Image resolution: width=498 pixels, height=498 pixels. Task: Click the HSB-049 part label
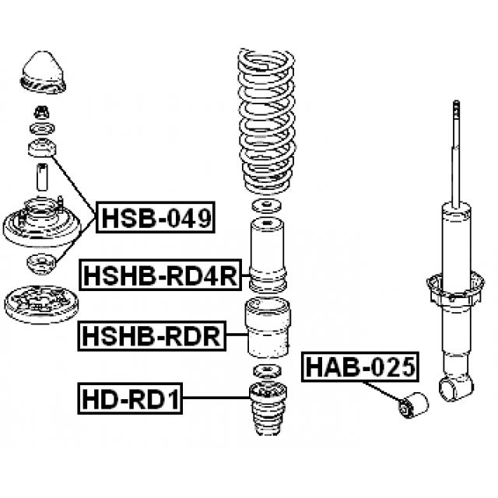point(156,219)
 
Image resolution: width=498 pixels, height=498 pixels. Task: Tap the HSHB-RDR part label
point(151,337)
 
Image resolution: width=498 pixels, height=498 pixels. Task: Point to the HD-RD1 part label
point(129,400)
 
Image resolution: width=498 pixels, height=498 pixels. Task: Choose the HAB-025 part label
point(359,366)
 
